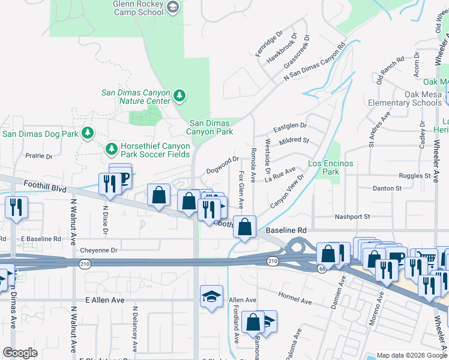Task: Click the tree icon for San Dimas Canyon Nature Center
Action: point(179,96)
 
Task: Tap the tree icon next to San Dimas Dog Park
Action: point(88,133)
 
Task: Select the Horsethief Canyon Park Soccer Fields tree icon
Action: point(110,148)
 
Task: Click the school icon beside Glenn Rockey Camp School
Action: point(173,7)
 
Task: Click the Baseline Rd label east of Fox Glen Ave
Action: point(285,230)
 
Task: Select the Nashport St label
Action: point(352,217)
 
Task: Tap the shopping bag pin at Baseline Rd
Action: point(244,227)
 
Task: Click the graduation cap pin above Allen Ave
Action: point(211,296)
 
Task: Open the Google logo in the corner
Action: point(20,353)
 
